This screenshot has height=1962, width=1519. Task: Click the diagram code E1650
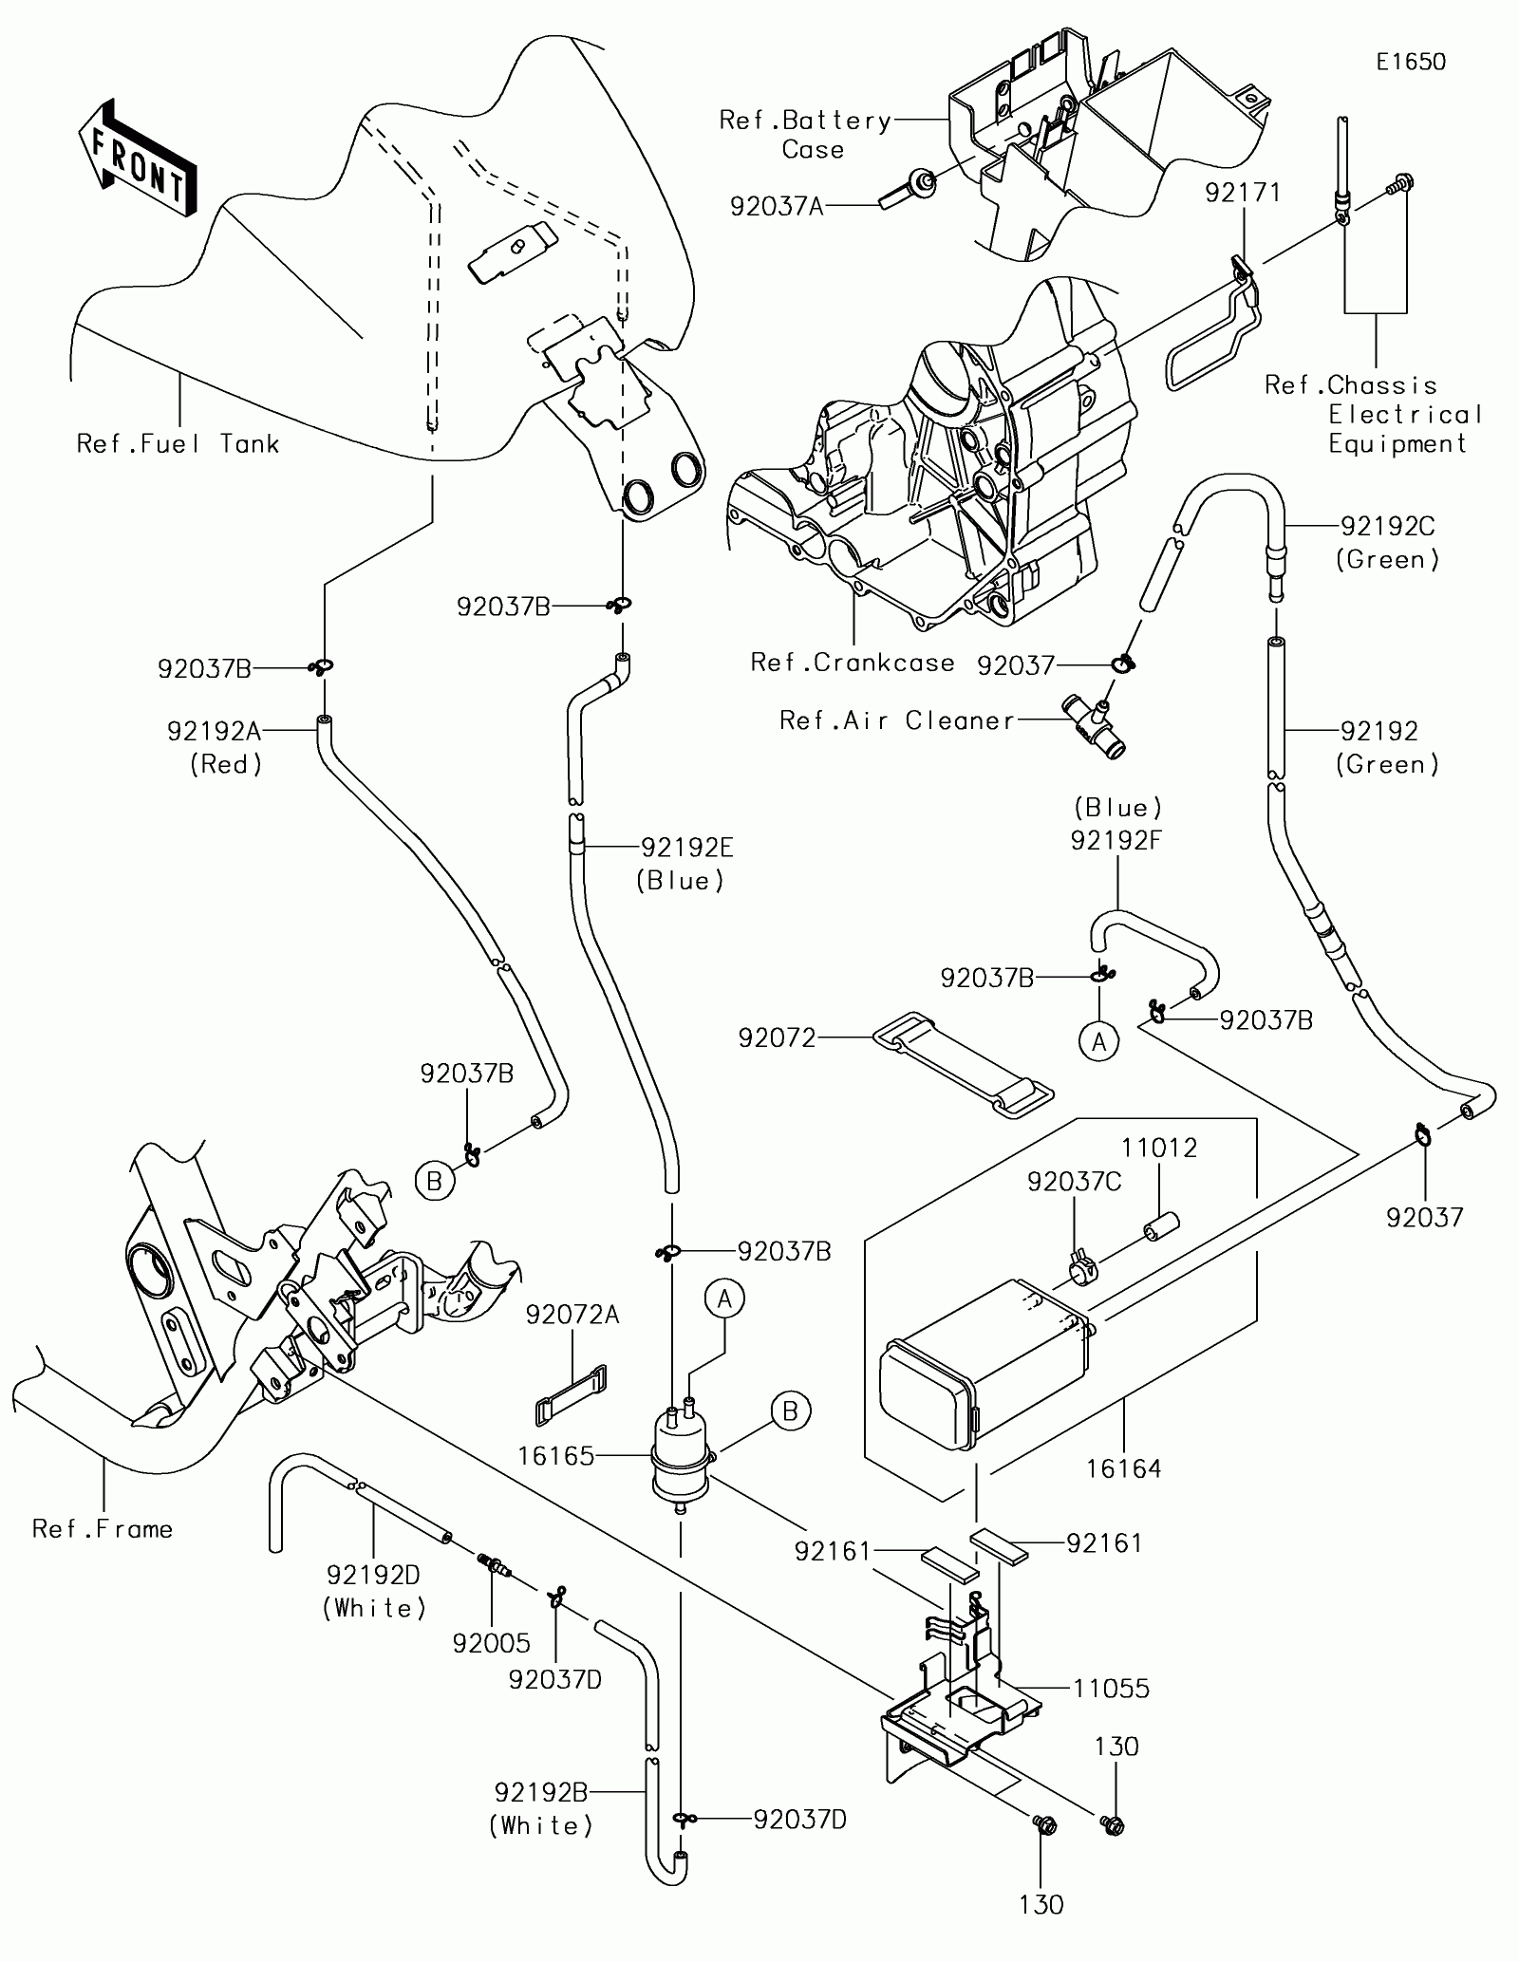1412,63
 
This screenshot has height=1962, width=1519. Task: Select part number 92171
1243,193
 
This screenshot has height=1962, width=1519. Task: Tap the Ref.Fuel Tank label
178,443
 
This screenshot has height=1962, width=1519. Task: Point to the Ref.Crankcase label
853,663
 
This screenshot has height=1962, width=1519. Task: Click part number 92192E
687,847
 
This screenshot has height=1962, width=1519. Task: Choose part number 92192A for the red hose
214,731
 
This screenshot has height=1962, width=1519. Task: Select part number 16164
1124,1469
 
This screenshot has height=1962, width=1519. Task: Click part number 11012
1159,1148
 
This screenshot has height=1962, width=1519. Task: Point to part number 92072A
572,1315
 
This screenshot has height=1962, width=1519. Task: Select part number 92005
491,1643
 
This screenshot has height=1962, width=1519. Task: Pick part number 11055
1112,1689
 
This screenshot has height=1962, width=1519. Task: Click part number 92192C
1387,526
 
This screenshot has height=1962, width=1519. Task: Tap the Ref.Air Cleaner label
897,720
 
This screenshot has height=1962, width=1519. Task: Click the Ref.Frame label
103,1529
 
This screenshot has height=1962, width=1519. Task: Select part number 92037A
777,206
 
